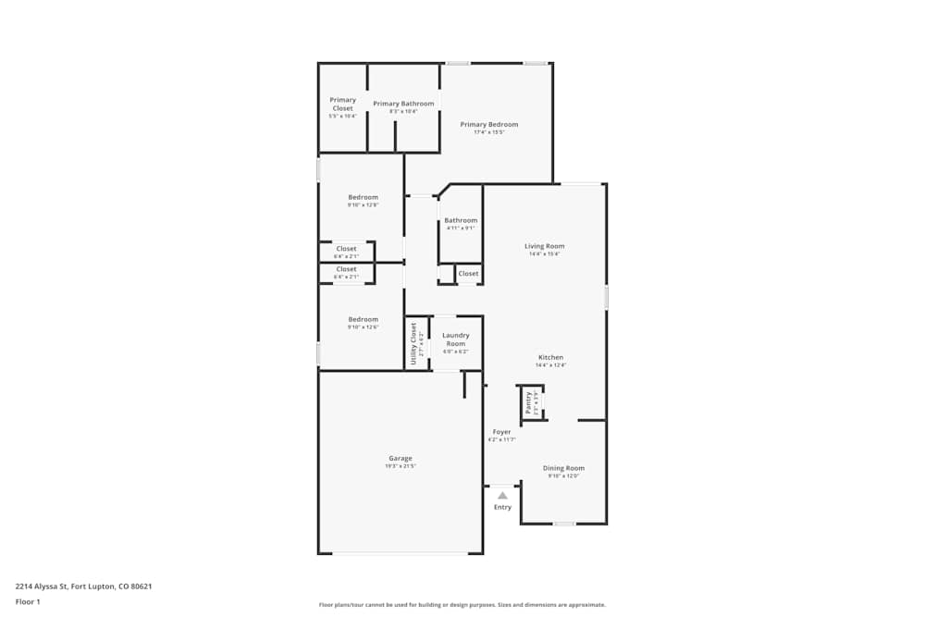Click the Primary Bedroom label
tap(488, 124)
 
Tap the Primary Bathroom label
tap(403, 104)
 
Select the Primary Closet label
tap(342, 104)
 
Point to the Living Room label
tap(544, 246)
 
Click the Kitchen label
tap(550, 357)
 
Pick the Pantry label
tap(528, 402)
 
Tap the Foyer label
tap(501, 432)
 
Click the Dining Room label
tap(563, 468)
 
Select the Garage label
tap(400, 458)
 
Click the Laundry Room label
tap(455, 339)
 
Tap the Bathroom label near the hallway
tap(461, 220)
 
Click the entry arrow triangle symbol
tap(502, 495)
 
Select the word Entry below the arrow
tap(502, 507)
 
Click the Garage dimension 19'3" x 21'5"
tap(400, 466)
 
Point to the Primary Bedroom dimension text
tap(488, 132)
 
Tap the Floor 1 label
tap(28, 601)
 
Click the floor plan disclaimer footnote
tap(462, 604)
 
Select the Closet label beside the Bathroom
tap(468, 273)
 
